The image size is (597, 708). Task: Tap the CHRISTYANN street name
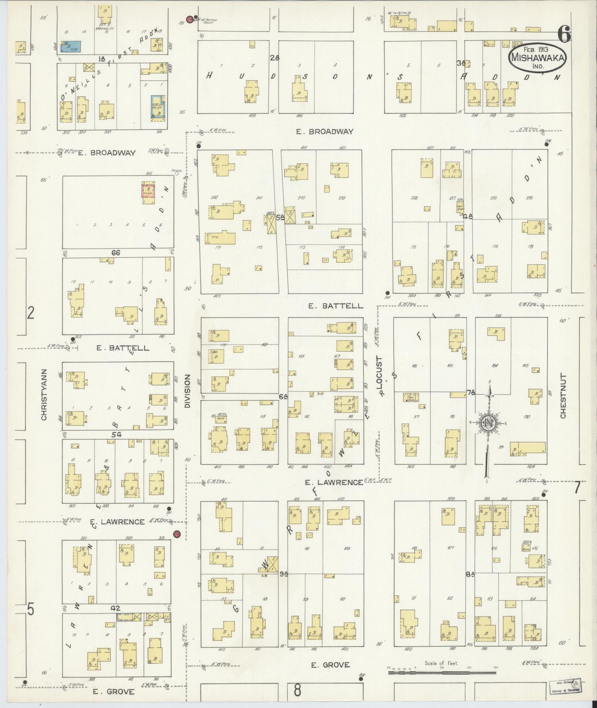coord(44,394)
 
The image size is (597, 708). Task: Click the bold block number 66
coord(116,253)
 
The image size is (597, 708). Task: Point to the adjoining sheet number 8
coord(297,690)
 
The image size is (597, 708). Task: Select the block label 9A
coord(284,584)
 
